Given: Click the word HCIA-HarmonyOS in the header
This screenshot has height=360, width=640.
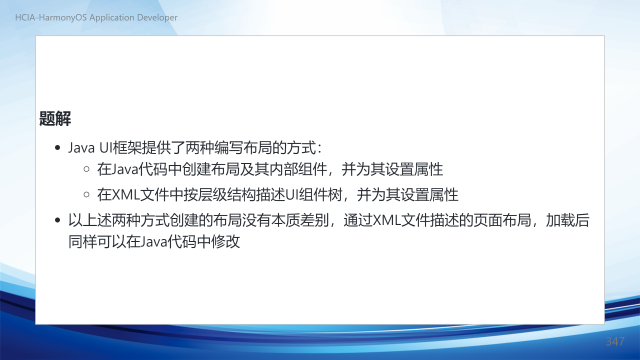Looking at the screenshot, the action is (51, 17).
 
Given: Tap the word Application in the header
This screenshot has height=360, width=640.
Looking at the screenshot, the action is (112, 17).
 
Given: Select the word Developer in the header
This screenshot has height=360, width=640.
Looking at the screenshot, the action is (157, 17).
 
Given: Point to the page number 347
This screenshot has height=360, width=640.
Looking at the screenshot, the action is (615, 341).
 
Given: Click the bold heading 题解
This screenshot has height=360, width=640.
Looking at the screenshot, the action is (55, 118).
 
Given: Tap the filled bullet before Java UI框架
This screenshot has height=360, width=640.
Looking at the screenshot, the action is (57, 147).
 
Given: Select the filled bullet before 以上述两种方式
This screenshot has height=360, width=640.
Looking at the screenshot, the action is (57, 220).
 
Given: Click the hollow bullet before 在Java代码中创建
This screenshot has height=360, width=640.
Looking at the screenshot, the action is (86, 169).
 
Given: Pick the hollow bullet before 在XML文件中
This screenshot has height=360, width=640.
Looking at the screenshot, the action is (86, 194).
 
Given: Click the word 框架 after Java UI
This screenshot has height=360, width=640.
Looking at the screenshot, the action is (127, 147).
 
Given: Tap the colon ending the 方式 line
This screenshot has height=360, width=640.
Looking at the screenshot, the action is (319, 148).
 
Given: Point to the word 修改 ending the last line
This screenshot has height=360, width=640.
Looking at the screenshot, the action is (225, 241).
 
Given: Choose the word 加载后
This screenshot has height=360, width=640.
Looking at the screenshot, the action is (567, 220).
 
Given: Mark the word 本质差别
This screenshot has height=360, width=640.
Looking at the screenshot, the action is (299, 220).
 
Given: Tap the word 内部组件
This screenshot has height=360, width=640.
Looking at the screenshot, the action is (298, 169).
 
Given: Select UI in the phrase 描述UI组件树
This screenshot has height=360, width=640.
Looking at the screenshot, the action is (291, 195).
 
